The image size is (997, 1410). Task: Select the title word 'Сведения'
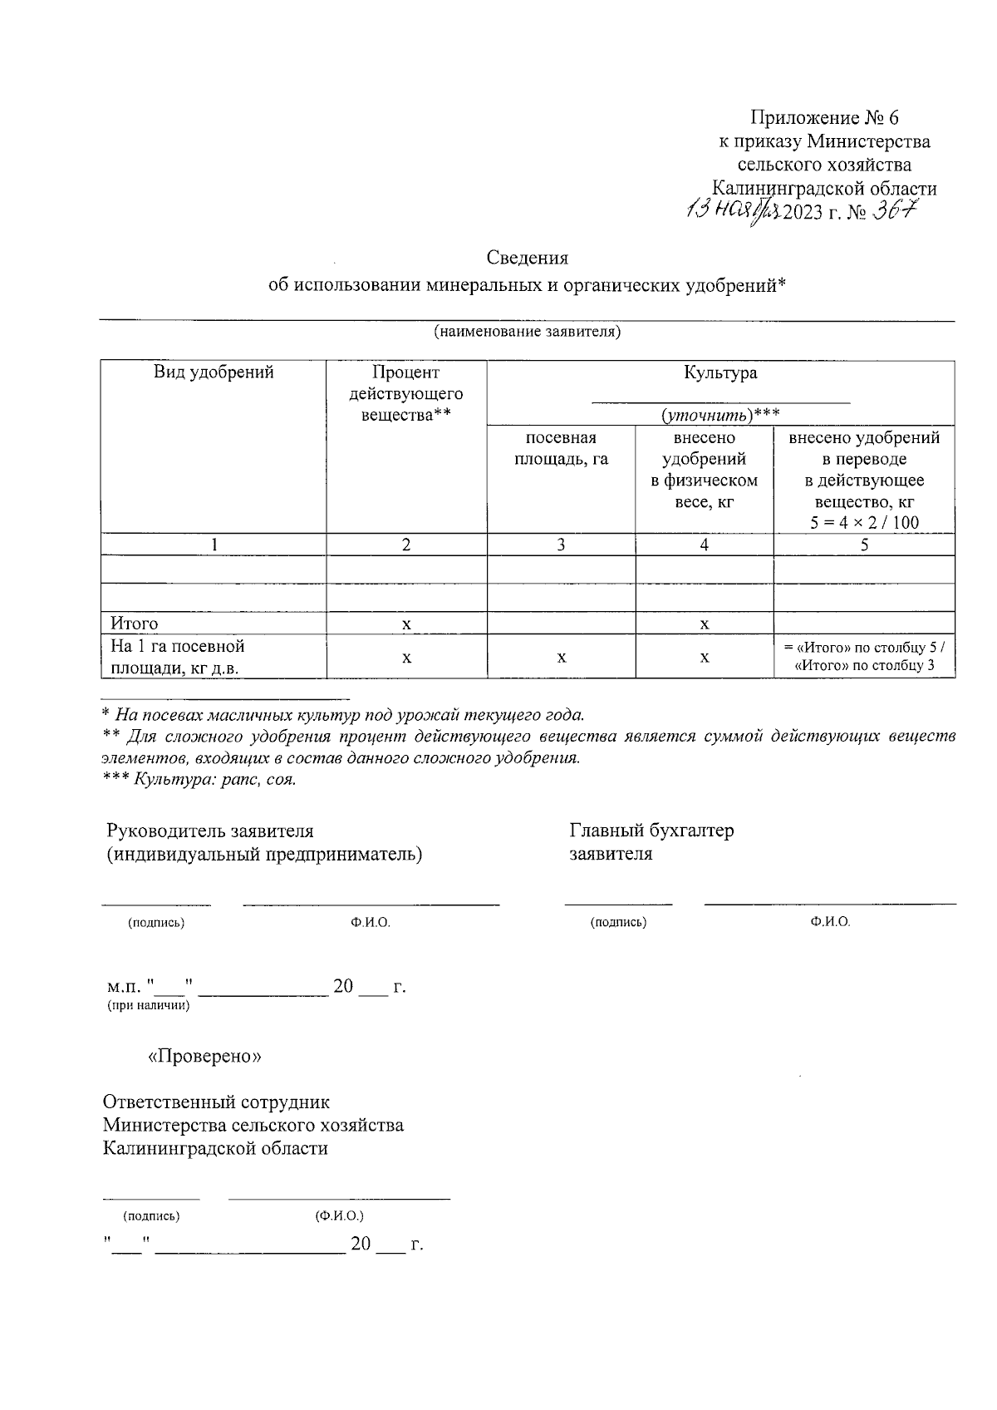(527, 258)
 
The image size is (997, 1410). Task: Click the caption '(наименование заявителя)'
(527, 333)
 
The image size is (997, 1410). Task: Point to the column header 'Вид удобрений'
(214, 372)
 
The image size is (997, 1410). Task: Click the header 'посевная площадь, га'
(561, 448)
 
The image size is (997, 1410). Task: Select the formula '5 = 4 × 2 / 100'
(864, 523)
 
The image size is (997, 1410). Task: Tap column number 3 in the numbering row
(561, 545)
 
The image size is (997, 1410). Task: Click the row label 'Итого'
(135, 624)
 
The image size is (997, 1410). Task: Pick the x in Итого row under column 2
(406, 624)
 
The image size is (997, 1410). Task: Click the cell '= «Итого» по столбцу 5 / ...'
(864, 657)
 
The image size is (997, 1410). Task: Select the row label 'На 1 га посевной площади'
(176, 657)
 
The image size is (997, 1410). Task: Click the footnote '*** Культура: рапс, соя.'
(199, 780)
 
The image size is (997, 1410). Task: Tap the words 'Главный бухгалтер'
(651, 831)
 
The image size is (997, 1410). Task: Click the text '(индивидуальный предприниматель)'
(264, 854)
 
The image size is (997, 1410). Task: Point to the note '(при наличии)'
(148, 1006)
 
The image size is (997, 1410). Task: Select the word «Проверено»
(204, 1056)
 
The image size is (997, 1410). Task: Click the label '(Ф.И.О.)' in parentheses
(339, 1216)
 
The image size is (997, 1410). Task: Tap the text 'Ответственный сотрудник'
(216, 1102)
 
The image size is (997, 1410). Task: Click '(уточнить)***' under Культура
(720, 414)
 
